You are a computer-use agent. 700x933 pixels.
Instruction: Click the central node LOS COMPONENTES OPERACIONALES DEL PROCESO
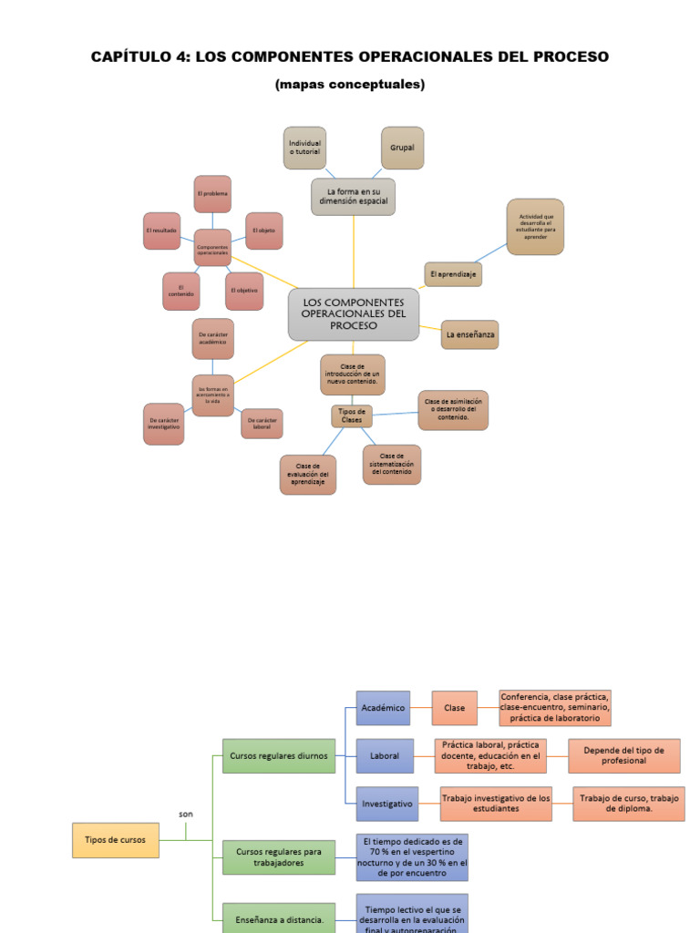(354, 314)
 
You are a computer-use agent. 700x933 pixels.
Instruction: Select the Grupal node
(402, 148)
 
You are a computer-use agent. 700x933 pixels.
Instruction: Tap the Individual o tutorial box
(304, 148)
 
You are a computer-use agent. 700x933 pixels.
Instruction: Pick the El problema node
(212, 194)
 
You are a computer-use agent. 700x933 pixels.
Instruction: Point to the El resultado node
(161, 231)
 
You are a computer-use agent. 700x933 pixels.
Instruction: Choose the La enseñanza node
(469, 334)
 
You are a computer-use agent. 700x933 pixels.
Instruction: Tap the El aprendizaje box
(452, 273)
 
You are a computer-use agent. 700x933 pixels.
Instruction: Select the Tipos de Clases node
(351, 415)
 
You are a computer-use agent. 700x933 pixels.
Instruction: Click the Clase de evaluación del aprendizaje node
(308, 475)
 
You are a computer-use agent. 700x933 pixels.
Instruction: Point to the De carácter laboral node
(262, 423)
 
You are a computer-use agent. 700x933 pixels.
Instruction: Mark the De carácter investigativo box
(164, 424)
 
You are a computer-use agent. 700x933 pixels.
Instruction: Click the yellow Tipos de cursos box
(115, 839)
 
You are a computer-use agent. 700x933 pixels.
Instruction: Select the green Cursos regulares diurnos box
(278, 755)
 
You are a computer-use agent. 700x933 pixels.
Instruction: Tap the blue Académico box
(382, 707)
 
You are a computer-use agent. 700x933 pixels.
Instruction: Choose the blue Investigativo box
(386, 804)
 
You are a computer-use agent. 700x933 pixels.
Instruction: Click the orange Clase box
(454, 707)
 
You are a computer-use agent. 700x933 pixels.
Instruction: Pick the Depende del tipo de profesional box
(623, 755)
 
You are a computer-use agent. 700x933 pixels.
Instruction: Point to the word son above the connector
(186, 814)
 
